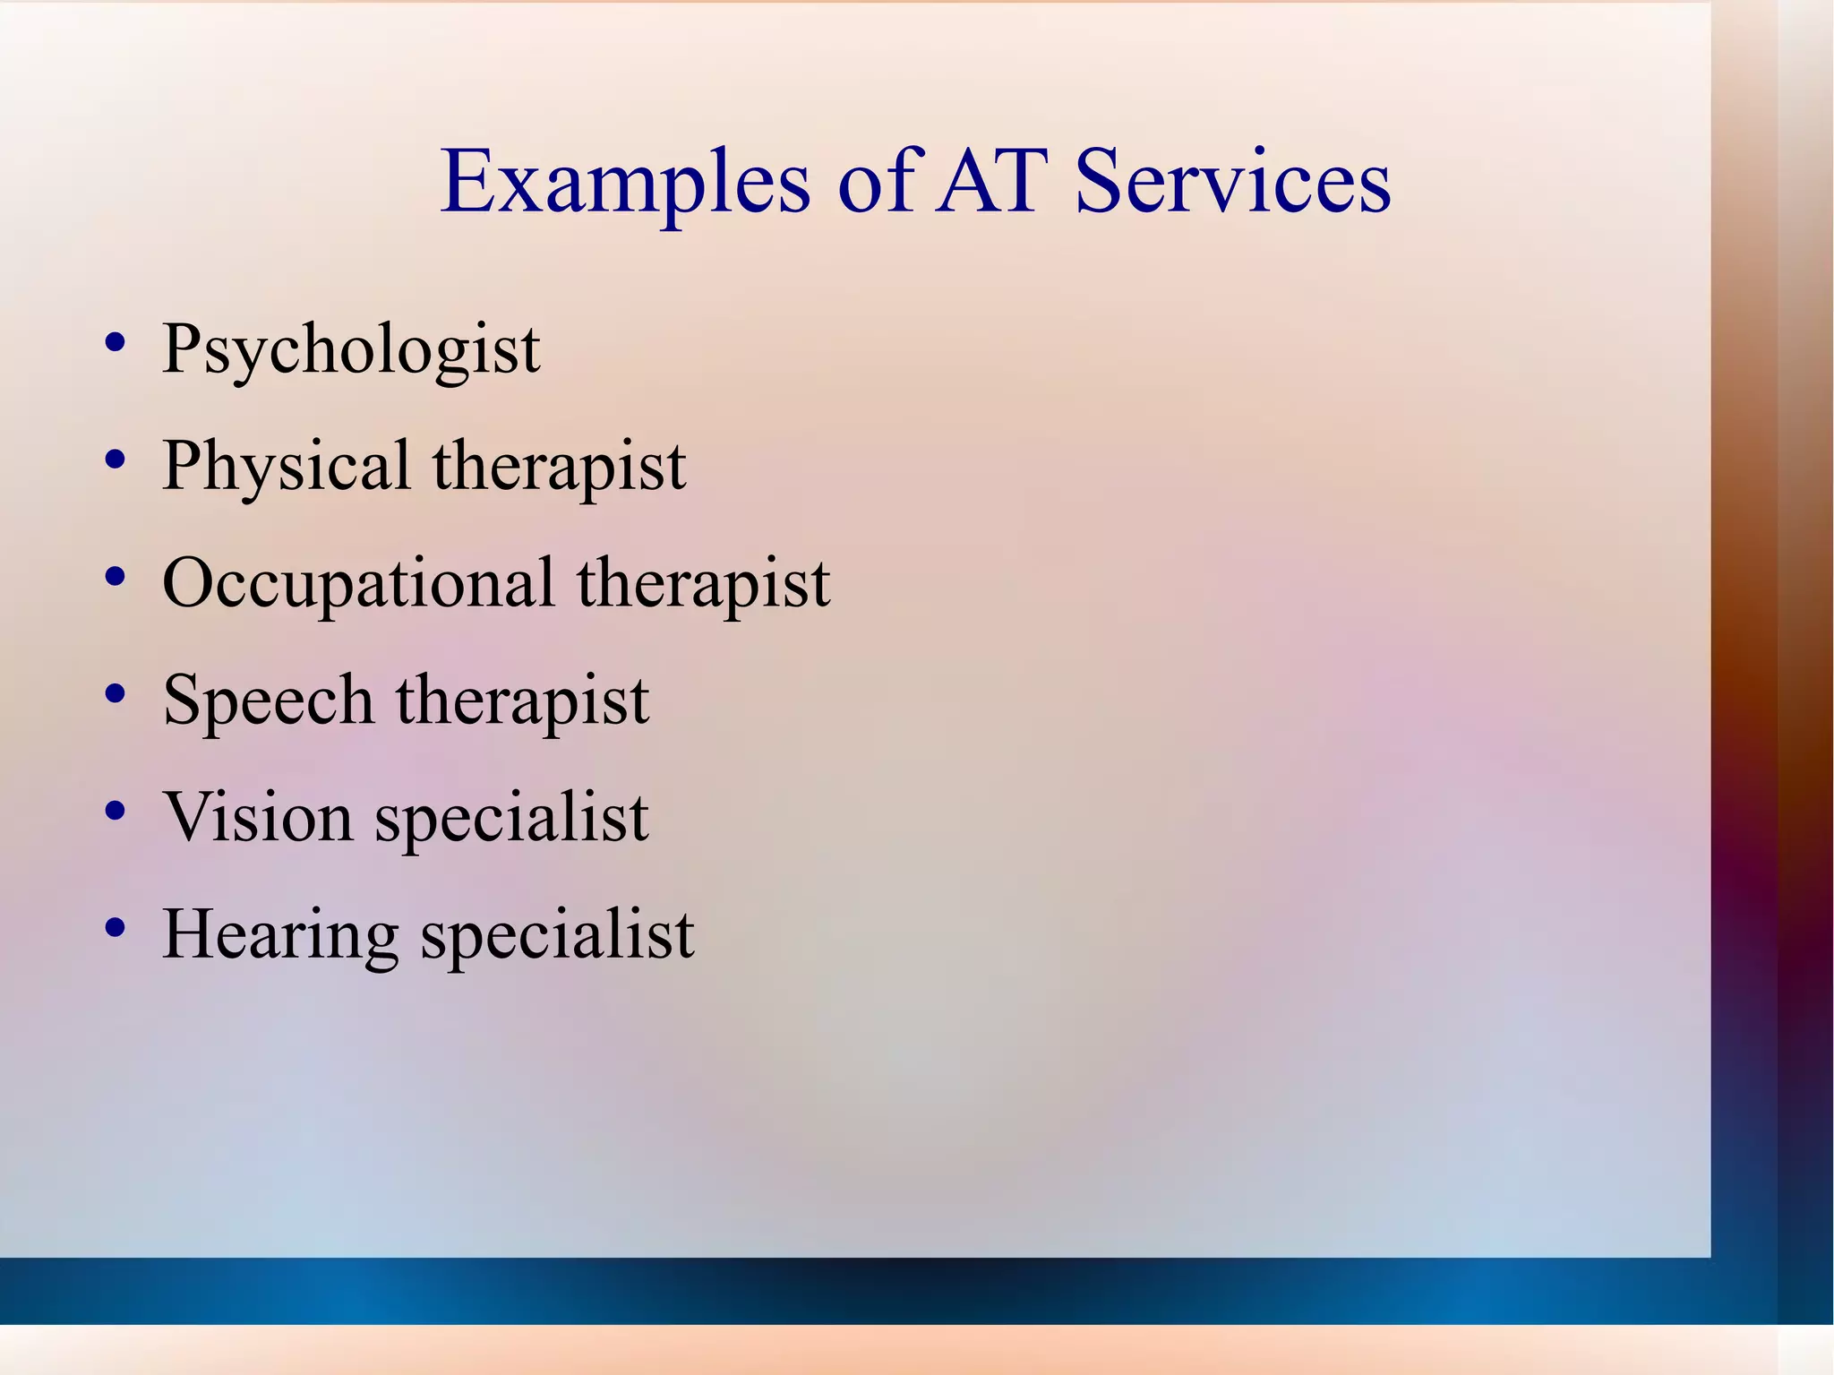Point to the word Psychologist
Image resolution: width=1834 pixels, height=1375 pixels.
tap(351, 349)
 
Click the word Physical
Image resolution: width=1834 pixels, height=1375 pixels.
tap(287, 467)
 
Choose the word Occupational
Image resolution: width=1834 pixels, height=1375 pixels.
tap(358, 584)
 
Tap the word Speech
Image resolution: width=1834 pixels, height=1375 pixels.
tap(268, 700)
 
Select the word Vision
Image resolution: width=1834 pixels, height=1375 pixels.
tap(258, 817)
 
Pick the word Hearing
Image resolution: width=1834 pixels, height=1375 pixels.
tap(280, 934)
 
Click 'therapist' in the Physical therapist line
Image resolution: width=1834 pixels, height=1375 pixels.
tap(560, 467)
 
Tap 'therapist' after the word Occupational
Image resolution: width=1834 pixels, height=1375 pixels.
tap(704, 584)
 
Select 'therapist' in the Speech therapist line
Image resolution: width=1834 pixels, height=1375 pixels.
tap(523, 700)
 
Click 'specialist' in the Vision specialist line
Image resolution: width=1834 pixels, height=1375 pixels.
tap(511, 817)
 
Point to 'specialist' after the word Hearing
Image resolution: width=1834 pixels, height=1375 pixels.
tap(558, 934)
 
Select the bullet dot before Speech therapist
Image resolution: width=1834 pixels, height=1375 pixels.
tap(115, 694)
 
